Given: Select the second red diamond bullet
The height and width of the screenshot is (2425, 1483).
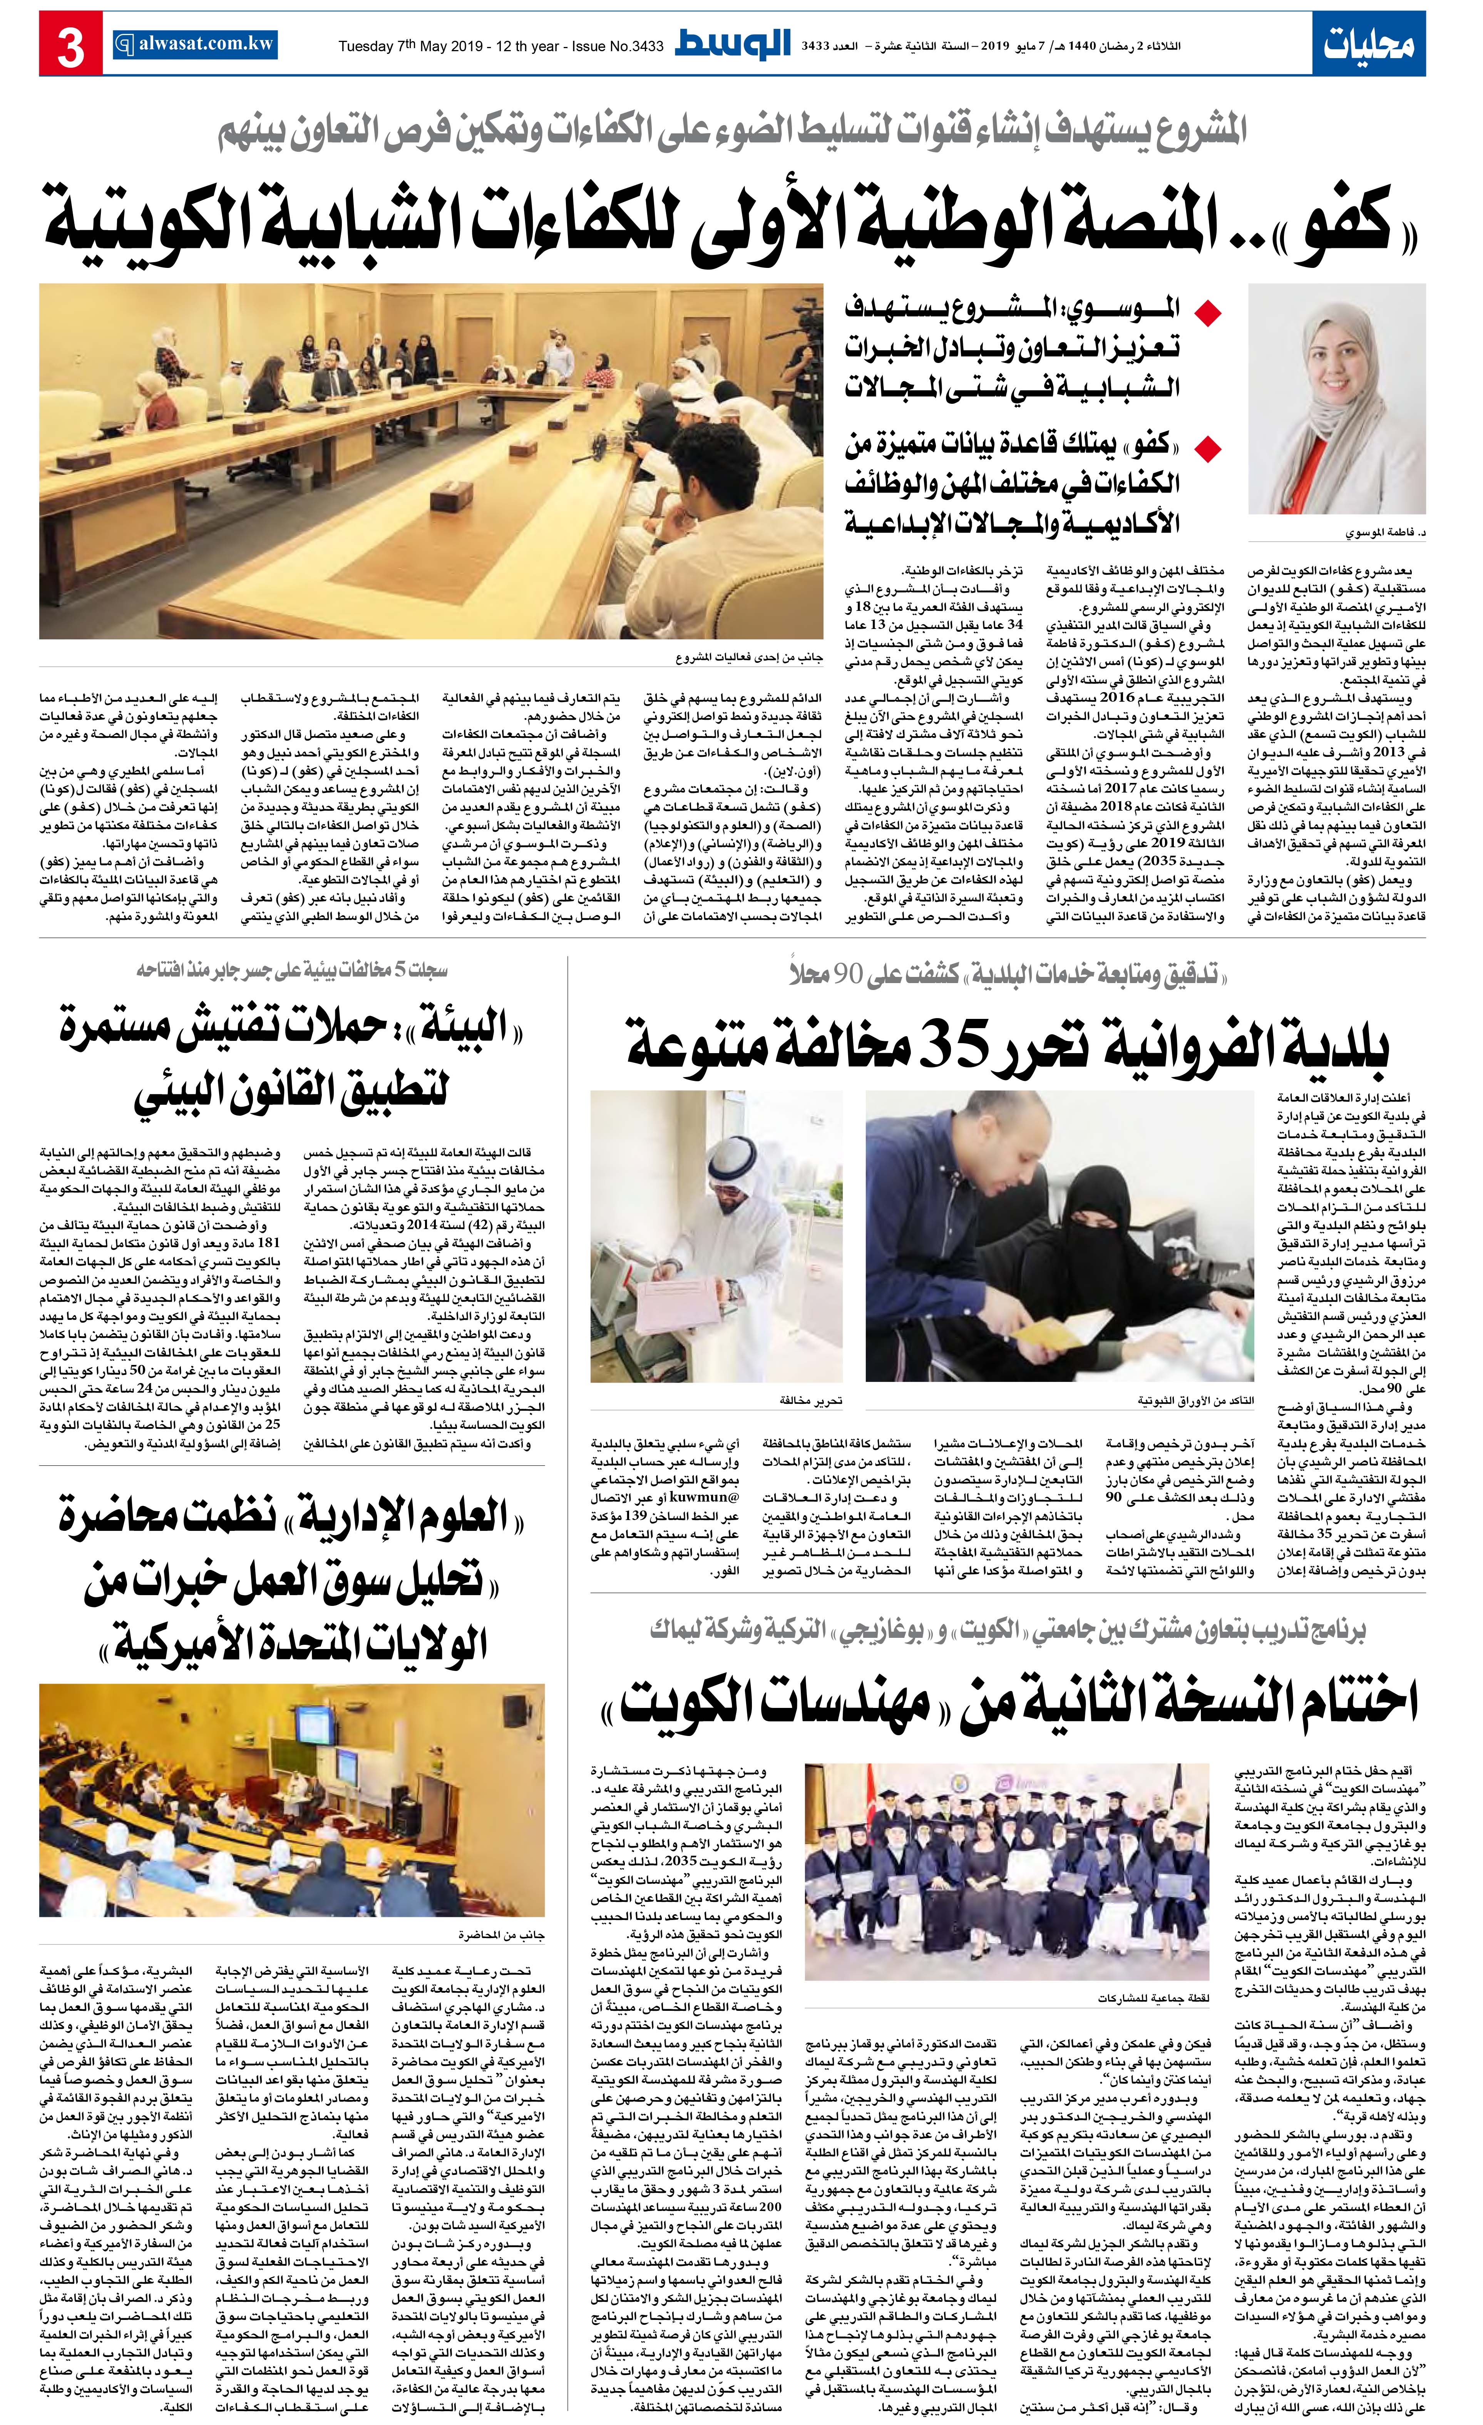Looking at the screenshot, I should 1207,450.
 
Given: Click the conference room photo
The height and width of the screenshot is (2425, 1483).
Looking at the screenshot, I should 431,461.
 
